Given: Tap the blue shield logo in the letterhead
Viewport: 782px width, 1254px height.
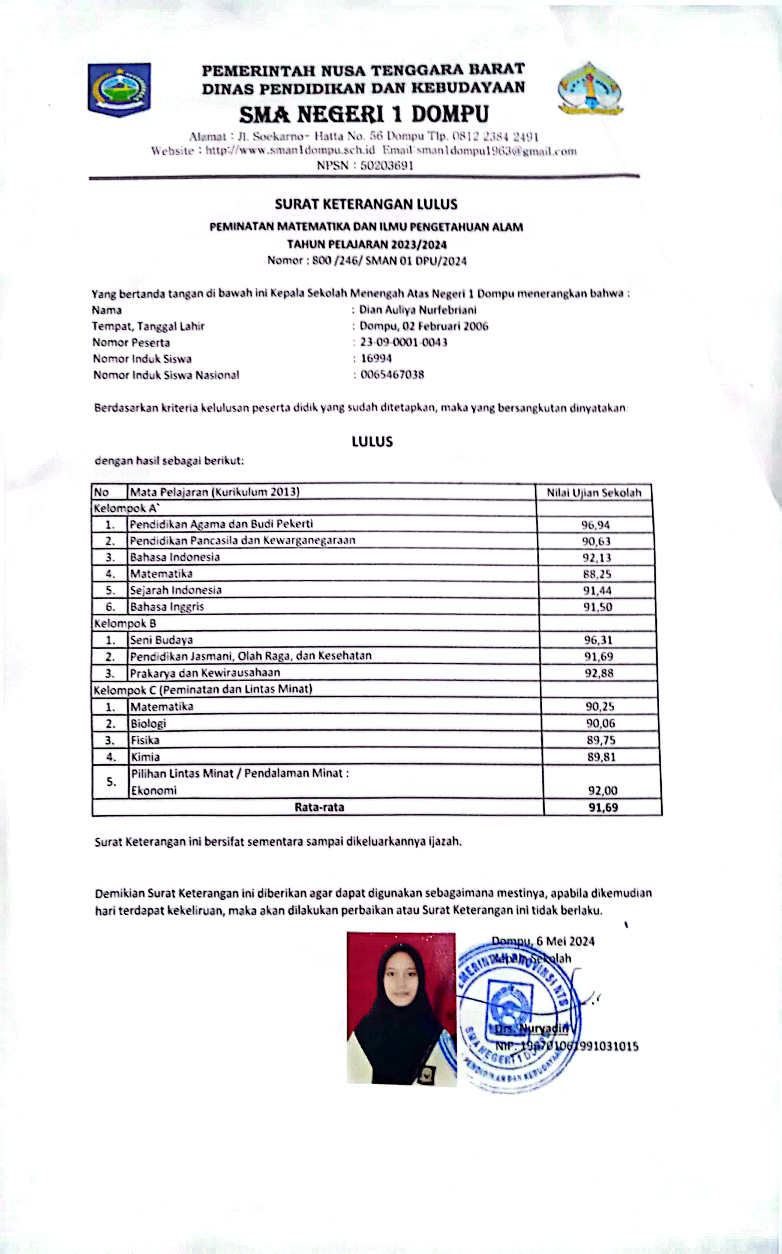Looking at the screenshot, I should click(x=119, y=89).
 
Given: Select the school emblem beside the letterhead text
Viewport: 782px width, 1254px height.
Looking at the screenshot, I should click(x=590, y=89).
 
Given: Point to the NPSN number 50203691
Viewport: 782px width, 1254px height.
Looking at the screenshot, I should click(x=387, y=165).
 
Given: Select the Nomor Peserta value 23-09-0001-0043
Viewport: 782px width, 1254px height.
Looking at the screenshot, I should click(x=403, y=342).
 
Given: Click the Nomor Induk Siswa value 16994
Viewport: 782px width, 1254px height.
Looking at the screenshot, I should click(x=376, y=358).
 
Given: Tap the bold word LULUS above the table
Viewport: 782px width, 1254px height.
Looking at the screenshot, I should click(x=372, y=442).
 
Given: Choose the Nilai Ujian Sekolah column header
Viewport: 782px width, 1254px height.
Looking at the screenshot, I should click(x=594, y=492).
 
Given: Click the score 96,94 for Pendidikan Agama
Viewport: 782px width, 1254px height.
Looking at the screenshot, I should click(x=595, y=525).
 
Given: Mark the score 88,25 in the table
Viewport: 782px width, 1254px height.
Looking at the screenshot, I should click(x=597, y=574).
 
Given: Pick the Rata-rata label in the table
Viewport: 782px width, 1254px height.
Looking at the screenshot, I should click(x=319, y=807).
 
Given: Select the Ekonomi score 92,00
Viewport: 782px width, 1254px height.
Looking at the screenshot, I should click(x=602, y=790).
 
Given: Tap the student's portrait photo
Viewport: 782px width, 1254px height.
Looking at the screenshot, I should click(x=401, y=1009).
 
